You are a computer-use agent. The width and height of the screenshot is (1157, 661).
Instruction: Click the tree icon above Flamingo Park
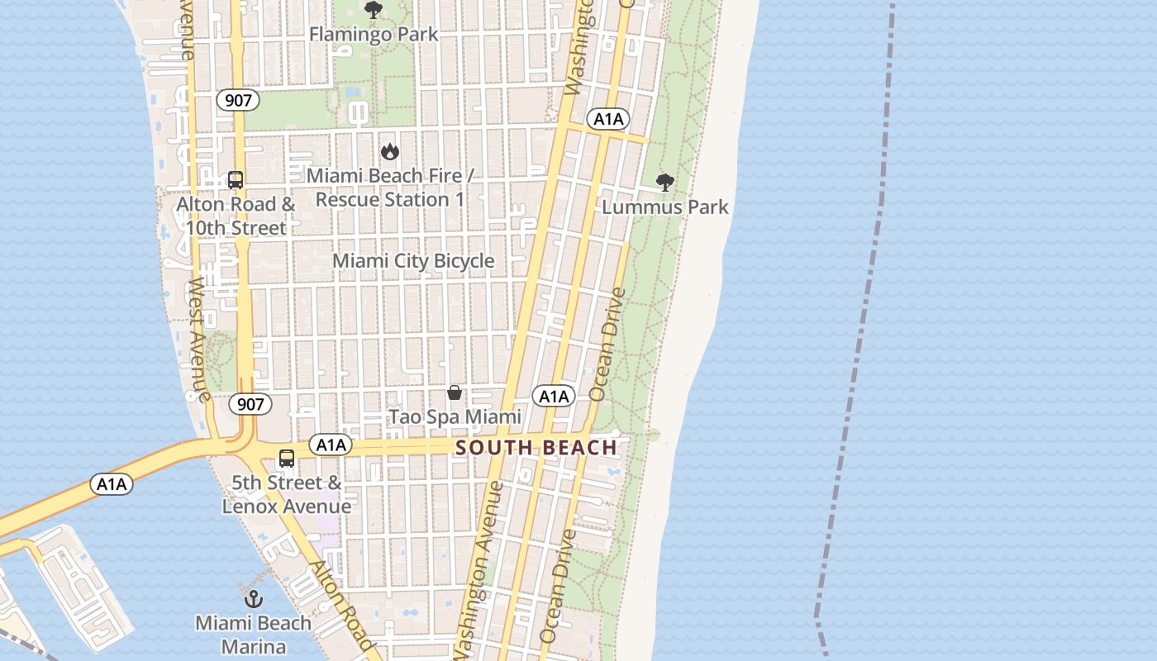pos(374,10)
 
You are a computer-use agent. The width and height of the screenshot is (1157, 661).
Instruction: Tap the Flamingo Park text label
pos(374,35)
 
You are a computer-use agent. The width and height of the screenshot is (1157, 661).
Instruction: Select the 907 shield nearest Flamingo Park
pos(238,101)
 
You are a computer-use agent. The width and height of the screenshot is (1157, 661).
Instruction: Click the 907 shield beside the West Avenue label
pos(250,404)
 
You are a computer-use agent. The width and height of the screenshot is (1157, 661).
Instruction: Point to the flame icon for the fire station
pos(390,151)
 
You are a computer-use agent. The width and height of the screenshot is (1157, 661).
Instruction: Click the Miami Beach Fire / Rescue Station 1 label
pos(390,188)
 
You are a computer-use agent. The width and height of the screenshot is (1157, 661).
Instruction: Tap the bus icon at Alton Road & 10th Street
pos(236,180)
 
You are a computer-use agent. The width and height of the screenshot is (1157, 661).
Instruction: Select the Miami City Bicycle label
pos(413,261)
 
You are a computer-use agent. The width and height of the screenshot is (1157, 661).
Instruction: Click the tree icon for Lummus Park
pos(664,183)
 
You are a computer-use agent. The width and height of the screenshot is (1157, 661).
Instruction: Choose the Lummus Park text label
pos(664,207)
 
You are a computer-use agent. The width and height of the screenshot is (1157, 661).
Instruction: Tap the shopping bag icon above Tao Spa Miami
pos(455,392)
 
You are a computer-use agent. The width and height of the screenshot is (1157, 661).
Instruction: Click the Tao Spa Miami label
pos(455,417)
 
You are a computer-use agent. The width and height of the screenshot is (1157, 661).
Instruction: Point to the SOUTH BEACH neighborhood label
pos(536,448)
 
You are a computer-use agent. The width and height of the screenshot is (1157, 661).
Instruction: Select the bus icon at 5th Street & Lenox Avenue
pos(287,459)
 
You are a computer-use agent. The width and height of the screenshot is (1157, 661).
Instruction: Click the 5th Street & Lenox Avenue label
pos(287,494)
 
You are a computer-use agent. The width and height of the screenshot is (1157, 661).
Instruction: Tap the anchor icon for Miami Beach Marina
pos(253,599)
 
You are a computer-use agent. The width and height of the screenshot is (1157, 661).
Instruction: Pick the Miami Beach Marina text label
pos(253,635)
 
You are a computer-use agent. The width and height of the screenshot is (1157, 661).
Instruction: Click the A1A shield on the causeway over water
pos(112,484)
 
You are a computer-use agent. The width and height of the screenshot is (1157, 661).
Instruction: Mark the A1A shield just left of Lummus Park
pos(608,120)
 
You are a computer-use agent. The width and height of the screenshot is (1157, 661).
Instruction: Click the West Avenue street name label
pos(198,339)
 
